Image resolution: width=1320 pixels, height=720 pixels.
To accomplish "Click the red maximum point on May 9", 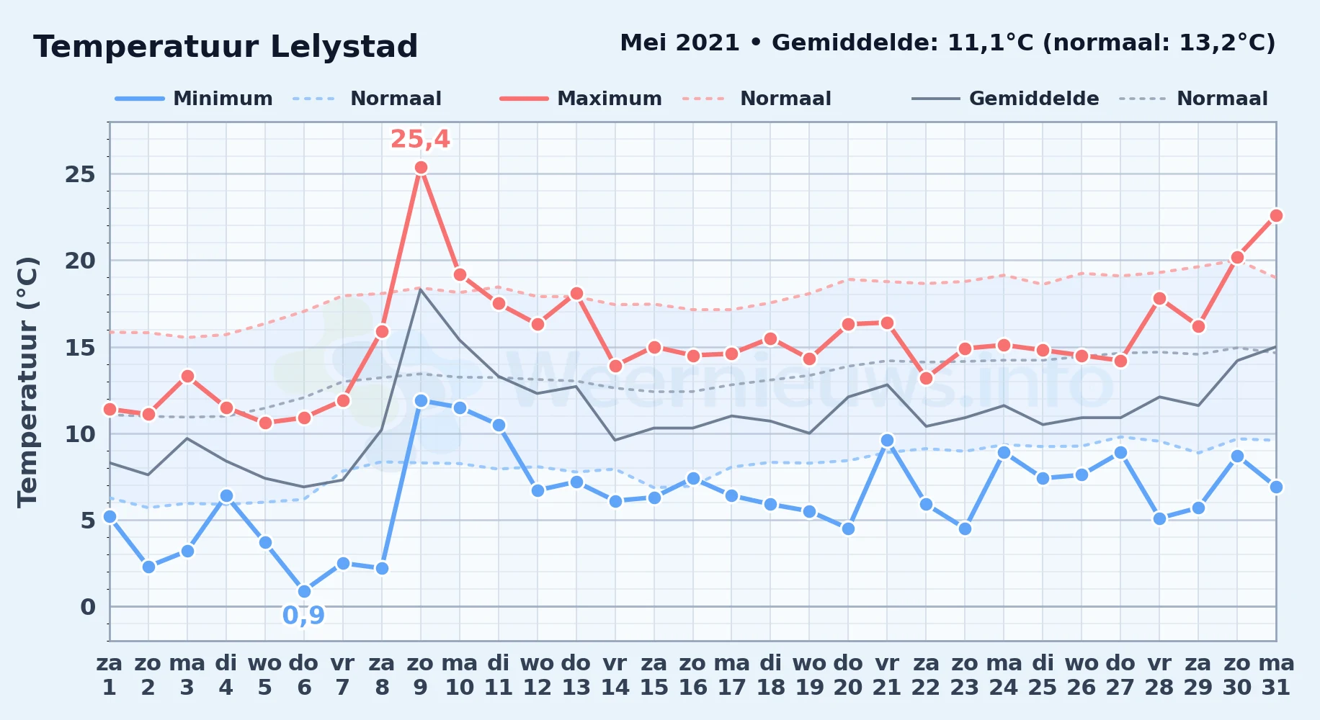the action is [x=421, y=168].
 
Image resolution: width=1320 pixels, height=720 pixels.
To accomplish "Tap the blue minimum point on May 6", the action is [x=304, y=591].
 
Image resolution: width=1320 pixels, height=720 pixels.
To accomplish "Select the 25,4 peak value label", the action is [x=420, y=139].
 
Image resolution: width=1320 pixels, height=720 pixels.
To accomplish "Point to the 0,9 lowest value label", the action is [x=303, y=616].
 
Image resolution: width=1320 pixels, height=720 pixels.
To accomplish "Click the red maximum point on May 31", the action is [x=1276, y=215].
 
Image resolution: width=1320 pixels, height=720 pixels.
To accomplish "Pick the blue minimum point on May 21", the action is [x=887, y=440].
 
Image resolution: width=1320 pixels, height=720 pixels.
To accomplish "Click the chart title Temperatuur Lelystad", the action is [x=226, y=47].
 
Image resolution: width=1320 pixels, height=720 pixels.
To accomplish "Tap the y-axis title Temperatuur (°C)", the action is [x=27, y=382].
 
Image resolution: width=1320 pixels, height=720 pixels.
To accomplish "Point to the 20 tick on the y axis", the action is [x=80, y=261].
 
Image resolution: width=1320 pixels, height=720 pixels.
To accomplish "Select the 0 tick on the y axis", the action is [x=88, y=607].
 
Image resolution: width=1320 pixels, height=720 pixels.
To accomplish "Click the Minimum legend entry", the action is [x=194, y=99].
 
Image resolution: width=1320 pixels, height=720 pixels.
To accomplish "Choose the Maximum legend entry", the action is [x=581, y=99].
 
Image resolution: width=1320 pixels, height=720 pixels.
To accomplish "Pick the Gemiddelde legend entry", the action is [x=1005, y=99].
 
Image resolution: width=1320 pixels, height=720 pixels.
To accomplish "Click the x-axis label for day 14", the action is [x=615, y=675].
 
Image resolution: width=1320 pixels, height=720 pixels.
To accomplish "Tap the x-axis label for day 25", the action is [x=1043, y=675].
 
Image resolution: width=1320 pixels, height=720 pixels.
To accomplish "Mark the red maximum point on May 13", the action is [x=576, y=293].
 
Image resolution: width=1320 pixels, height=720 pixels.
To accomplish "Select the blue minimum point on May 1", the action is [x=110, y=516].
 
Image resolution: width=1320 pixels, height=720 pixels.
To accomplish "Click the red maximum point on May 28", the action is [x=1159, y=298].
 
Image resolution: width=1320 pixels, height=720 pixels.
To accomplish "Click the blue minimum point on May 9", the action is [x=421, y=400].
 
